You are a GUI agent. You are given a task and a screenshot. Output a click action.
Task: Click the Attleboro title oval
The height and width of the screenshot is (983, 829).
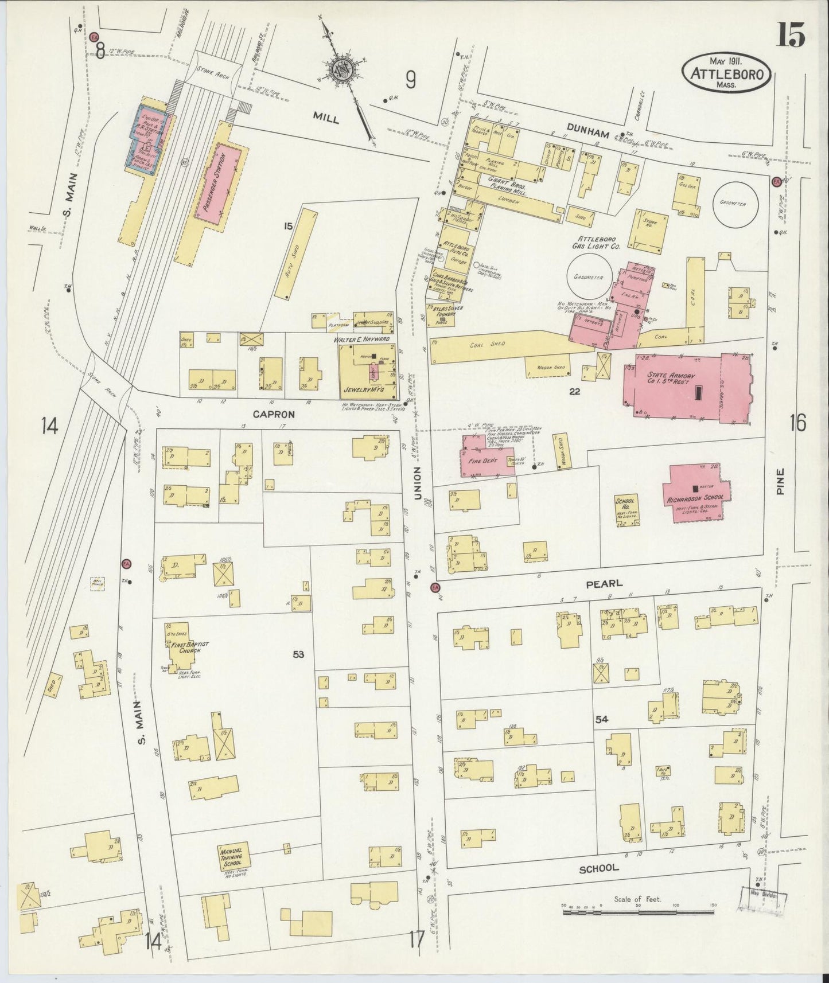coord(726,72)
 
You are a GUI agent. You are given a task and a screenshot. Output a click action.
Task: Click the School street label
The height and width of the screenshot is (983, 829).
coord(598,884)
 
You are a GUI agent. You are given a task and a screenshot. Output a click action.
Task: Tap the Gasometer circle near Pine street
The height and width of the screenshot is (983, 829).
coord(735,204)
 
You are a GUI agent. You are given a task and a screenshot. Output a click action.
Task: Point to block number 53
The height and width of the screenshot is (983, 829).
coord(298,654)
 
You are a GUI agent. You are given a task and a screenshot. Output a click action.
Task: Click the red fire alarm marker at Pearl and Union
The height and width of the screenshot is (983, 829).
coord(435,587)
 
